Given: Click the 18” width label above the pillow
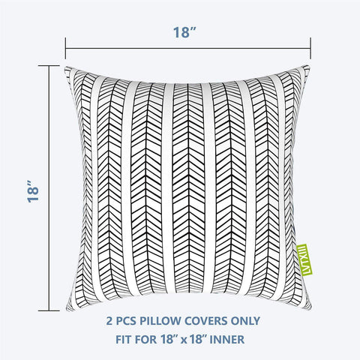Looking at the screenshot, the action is click(x=184, y=33).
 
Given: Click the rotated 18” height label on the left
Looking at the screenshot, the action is click(x=33, y=190).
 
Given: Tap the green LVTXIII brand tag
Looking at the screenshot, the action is click(x=304, y=259).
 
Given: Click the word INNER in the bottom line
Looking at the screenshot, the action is click(x=227, y=340).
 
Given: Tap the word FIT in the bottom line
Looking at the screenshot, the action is click(x=124, y=340).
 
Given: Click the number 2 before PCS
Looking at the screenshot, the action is click(x=109, y=321).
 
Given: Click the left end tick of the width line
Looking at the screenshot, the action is click(x=65, y=48).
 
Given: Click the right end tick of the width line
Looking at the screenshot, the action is click(x=310, y=48).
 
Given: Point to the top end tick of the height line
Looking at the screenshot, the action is click(x=49, y=66).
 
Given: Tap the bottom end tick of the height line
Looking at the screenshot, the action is click(x=49, y=310).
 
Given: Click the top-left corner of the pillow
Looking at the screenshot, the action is click(x=65, y=67).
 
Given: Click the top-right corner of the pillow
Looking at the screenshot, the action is click(x=308, y=66).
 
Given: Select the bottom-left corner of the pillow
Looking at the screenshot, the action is click(x=67, y=310).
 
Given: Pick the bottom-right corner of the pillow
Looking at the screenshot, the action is click(x=311, y=309).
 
